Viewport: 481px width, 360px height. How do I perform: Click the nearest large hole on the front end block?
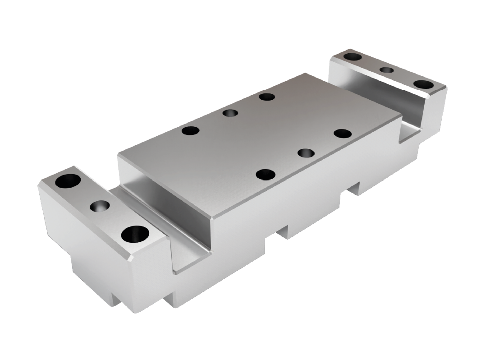(135, 234)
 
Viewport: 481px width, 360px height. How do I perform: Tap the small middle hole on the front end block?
(100, 206)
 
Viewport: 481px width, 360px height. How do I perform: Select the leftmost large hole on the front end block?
(68, 181)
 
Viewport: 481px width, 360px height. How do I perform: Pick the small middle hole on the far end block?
(386, 70)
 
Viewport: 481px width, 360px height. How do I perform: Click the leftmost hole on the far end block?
(353, 57)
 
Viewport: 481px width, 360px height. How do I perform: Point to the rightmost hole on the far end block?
(423, 84)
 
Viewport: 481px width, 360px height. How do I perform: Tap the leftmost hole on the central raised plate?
(190, 131)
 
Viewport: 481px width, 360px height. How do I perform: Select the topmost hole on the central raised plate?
(267, 97)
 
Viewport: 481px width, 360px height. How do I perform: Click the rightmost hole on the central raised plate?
(343, 134)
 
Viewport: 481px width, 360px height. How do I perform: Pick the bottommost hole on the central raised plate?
(266, 174)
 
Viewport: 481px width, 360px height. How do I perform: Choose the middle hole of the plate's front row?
(306, 152)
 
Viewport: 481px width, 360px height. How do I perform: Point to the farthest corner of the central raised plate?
(306, 73)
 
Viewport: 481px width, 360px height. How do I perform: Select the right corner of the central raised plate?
(401, 116)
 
